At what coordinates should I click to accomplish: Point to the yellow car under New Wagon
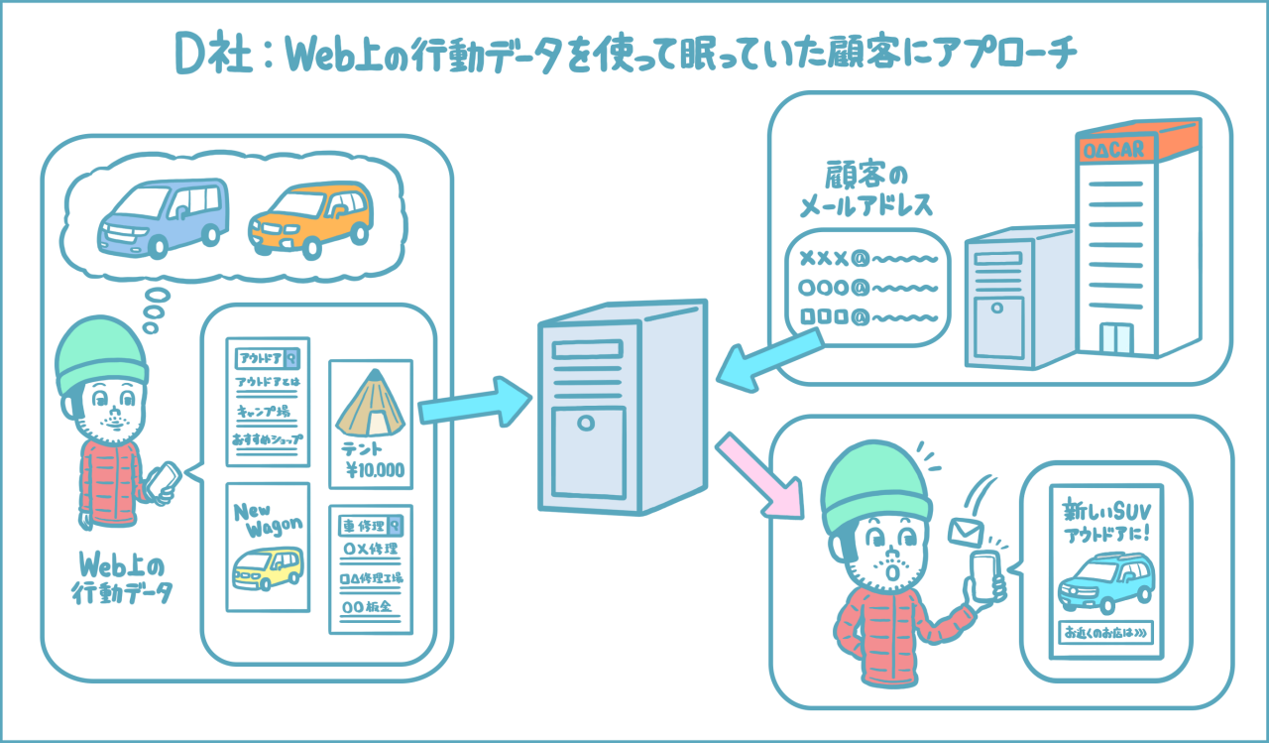pos(266,569)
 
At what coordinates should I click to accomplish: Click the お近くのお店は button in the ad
pos(1106,633)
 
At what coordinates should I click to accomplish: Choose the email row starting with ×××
pos(867,260)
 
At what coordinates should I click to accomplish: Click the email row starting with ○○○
pos(867,289)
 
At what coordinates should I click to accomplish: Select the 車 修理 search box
pos(370,524)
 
